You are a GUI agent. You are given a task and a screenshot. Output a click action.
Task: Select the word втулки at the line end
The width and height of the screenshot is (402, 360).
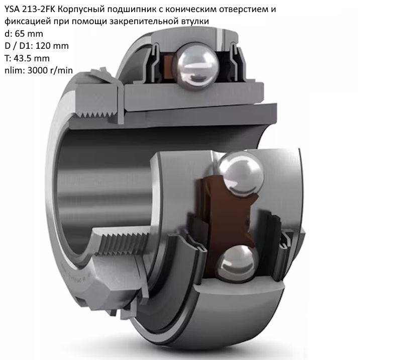point(195,22)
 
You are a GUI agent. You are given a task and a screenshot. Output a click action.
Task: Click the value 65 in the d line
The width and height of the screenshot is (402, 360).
point(20,34)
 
